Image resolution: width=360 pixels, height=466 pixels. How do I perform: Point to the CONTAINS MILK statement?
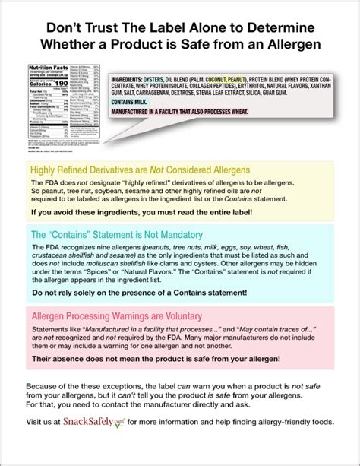pos(129,102)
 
